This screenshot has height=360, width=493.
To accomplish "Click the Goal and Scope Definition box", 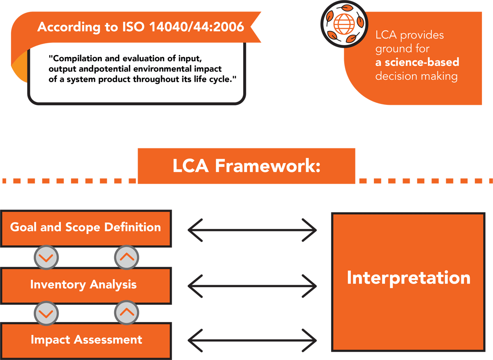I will tap(85, 227).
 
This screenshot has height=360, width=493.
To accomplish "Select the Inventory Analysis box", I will tap(85, 284).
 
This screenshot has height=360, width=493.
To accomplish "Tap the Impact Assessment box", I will tap(85, 340).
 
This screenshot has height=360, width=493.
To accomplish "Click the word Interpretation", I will tap(408, 278).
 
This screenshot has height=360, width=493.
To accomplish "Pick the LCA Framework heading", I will tap(246, 166).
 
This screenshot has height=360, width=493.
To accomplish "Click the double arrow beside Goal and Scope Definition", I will tap(252, 230).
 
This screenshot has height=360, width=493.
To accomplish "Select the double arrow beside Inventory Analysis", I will tap(252, 285).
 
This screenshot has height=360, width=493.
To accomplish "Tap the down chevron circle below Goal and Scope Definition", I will tap(46, 258).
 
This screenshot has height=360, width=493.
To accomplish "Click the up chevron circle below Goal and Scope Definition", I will tap(126, 258).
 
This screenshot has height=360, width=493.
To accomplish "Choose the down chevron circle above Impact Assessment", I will tap(46, 314).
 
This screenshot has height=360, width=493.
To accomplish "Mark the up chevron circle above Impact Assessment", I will tap(126, 314).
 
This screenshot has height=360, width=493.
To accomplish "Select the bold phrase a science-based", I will tap(417, 62).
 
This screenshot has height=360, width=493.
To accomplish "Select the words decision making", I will tap(416, 76).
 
